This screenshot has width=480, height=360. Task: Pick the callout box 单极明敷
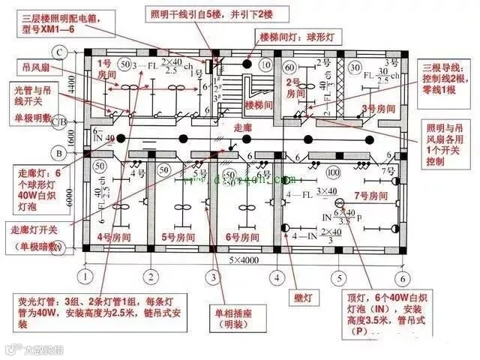tap(34, 118)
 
